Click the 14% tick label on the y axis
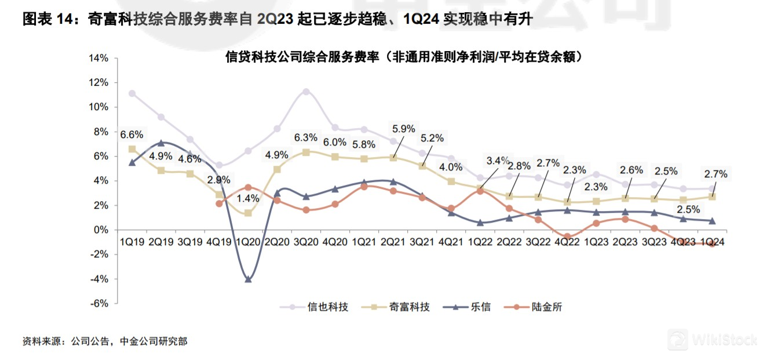98,59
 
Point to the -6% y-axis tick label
98,303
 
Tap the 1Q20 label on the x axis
248,241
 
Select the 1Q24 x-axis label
712,241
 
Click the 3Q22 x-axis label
538,241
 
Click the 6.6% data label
132,135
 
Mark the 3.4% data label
498,161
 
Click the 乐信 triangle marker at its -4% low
248,279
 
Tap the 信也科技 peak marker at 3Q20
306,92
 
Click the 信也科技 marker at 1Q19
132,93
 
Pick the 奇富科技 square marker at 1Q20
248,213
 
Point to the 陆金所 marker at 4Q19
219,203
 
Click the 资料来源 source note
104,341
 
